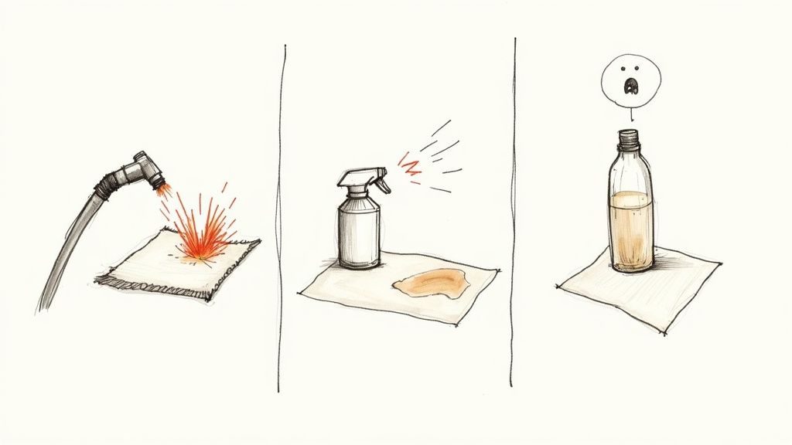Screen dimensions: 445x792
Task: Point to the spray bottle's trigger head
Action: pyautogui.click(x=358, y=179)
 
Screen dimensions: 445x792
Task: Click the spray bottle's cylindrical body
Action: pyautogui.click(x=360, y=232)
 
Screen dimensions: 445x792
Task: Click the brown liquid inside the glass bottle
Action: pyautogui.click(x=630, y=228)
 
